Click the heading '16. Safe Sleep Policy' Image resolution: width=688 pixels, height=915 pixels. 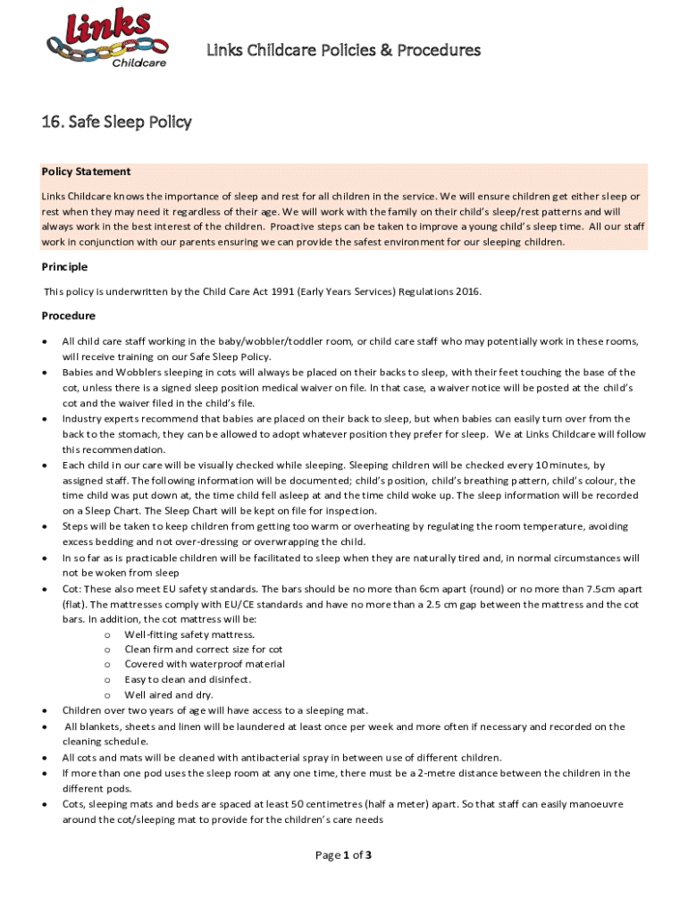[117, 122]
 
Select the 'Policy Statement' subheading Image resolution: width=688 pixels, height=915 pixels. [86, 172]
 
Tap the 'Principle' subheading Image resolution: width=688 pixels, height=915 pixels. [64, 266]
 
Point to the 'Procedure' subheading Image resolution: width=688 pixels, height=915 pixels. [68, 315]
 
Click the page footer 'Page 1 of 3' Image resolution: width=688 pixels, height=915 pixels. [344, 855]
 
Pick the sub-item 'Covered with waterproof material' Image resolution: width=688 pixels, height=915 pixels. [205, 664]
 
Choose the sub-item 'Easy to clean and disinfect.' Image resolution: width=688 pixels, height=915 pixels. [188, 679]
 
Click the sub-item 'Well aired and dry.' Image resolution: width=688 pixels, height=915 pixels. [169, 694]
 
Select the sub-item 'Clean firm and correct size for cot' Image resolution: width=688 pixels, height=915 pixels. [204, 649]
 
